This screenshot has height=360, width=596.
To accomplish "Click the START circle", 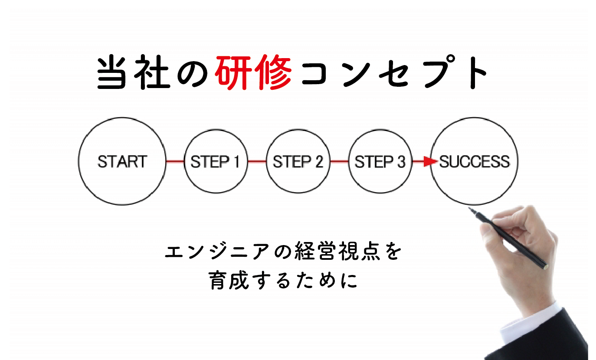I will point(122,161).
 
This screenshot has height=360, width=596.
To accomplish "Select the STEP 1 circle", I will point(216,162).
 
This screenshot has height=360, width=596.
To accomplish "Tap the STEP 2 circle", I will point(298,162).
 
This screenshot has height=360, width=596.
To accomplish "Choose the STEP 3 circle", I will point(380,162).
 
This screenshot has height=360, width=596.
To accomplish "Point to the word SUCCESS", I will point(475,162).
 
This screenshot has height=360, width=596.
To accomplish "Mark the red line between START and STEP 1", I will point(175,161).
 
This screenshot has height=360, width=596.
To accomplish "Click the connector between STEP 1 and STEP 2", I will point(257,161).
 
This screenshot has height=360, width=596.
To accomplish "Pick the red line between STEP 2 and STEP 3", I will point(339,161).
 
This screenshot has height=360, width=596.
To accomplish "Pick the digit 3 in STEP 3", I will point(400,162).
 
